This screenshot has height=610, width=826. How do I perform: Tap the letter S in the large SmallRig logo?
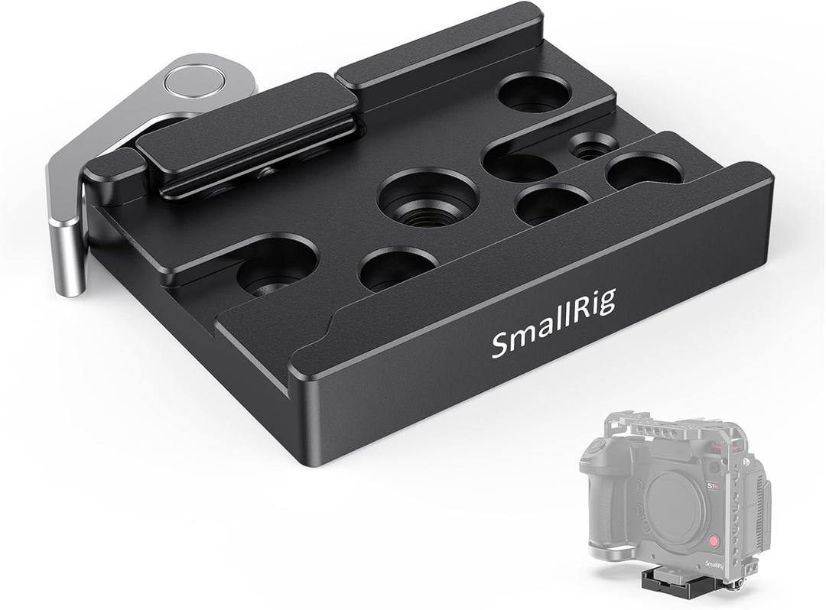tap(499, 346)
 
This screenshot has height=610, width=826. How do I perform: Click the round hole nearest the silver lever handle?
tap(276, 264)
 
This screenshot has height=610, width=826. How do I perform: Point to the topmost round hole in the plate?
tap(534, 93)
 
